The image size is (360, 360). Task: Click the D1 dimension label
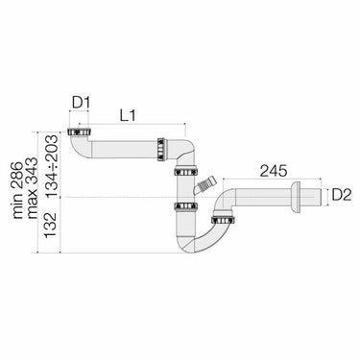click(x=82, y=103)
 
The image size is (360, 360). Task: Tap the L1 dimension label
click(x=128, y=116)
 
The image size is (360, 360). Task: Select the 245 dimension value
click(x=274, y=171)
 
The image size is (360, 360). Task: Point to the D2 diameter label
click(x=342, y=195)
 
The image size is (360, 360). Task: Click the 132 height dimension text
click(x=51, y=226)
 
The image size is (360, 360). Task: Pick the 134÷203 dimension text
click(x=51, y=166)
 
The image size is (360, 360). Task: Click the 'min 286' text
click(x=18, y=190)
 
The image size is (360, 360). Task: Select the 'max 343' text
click(x=33, y=187)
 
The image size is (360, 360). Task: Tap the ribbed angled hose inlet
click(x=204, y=185)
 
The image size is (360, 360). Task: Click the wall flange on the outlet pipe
click(x=296, y=198)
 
